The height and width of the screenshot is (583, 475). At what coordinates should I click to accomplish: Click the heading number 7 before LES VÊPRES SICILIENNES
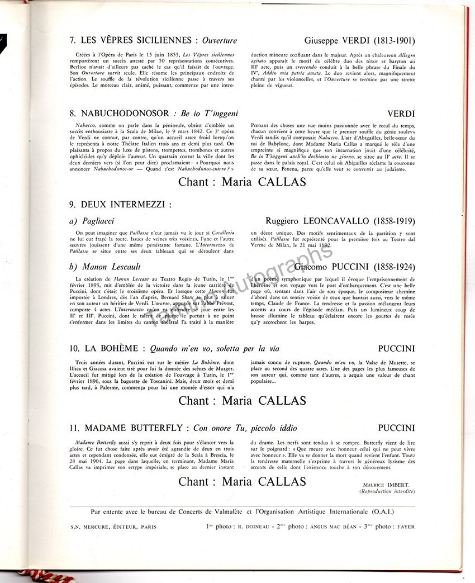click(73, 41)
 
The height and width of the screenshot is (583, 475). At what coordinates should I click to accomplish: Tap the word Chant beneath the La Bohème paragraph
click(197, 401)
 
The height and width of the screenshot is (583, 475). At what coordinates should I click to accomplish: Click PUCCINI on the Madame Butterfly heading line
click(396, 428)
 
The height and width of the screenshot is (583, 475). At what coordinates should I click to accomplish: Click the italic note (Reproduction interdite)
click(387, 491)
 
